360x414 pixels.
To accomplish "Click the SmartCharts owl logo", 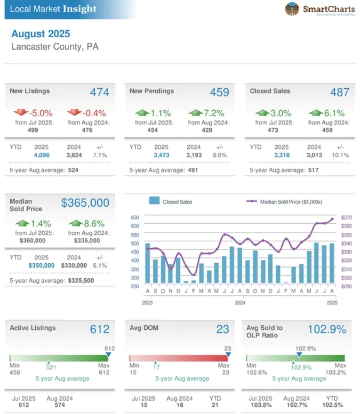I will (x=292, y=9).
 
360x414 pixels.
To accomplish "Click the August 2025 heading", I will (x=41, y=34).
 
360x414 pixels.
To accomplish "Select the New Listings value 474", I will (x=100, y=92).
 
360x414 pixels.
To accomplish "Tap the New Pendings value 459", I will (x=219, y=92).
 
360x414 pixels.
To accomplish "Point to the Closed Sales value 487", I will (x=340, y=92).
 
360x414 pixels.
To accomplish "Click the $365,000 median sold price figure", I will (x=85, y=203).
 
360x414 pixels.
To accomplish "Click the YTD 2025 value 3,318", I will (x=282, y=155).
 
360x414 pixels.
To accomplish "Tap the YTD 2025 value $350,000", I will (x=41, y=265).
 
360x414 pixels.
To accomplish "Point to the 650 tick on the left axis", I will (x=135, y=218).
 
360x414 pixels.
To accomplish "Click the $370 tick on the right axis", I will (x=347, y=218).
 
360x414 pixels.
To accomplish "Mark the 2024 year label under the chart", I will (x=240, y=302).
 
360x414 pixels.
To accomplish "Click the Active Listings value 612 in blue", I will (x=100, y=329).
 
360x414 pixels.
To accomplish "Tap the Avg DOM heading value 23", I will (x=223, y=329).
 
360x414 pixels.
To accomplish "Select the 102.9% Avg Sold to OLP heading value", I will (x=327, y=329).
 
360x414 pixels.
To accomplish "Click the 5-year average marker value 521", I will (x=51, y=367).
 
